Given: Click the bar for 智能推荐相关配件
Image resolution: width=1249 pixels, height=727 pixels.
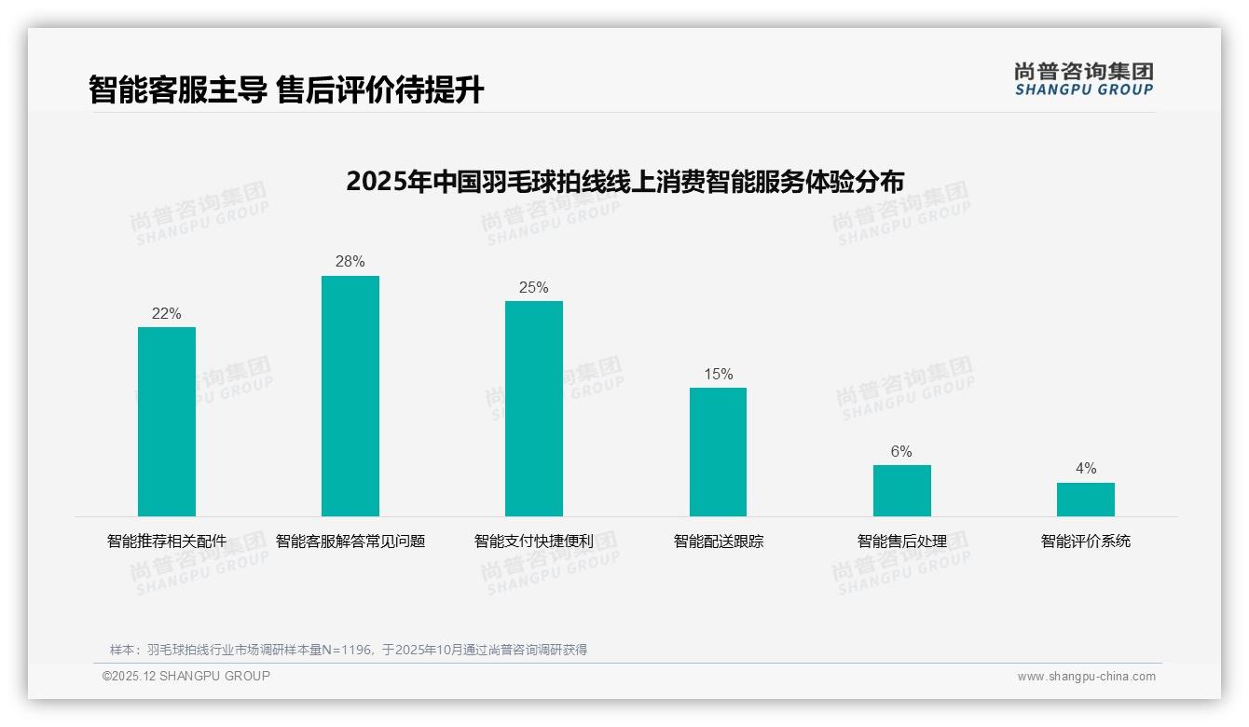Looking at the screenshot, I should [x=167, y=421].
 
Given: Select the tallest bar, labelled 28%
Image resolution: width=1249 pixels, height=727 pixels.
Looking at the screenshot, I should [x=350, y=396].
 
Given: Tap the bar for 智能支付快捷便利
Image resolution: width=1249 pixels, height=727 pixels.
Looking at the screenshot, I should [x=534, y=408].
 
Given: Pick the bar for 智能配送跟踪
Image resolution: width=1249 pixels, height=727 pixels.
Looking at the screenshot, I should [x=718, y=452].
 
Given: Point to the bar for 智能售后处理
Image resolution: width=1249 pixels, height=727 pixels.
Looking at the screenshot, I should [x=901, y=490].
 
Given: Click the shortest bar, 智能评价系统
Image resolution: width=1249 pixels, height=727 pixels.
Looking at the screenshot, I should [x=1085, y=500].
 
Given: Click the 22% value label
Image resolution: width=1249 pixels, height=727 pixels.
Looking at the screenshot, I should [x=167, y=314].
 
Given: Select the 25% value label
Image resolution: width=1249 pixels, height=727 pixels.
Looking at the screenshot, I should [x=534, y=288].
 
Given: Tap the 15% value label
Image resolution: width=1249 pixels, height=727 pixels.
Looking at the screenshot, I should [x=718, y=375].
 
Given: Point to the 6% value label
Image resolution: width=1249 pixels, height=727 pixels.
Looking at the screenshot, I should [x=901, y=452].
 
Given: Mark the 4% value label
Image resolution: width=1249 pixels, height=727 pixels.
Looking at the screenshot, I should [x=1085, y=469].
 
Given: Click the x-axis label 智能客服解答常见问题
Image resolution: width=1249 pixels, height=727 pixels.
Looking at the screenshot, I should [x=350, y=542].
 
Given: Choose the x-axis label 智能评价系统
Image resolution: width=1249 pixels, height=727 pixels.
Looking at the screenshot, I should [x=1085, y=542].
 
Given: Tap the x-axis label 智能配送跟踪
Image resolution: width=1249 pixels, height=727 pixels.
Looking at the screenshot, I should [x=718, y=542].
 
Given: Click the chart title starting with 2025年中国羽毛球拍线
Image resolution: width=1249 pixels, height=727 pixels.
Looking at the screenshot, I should [x=624, y=181].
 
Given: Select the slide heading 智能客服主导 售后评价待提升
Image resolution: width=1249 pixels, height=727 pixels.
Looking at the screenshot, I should [x=286, y=90].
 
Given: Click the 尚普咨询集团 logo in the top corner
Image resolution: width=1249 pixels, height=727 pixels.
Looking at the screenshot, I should [x=1083, y=79].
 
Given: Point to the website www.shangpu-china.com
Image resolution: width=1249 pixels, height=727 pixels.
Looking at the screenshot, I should [x=1086, y=677].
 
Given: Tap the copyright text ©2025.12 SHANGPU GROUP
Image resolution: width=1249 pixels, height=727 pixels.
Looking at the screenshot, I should [x=186, y=677].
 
